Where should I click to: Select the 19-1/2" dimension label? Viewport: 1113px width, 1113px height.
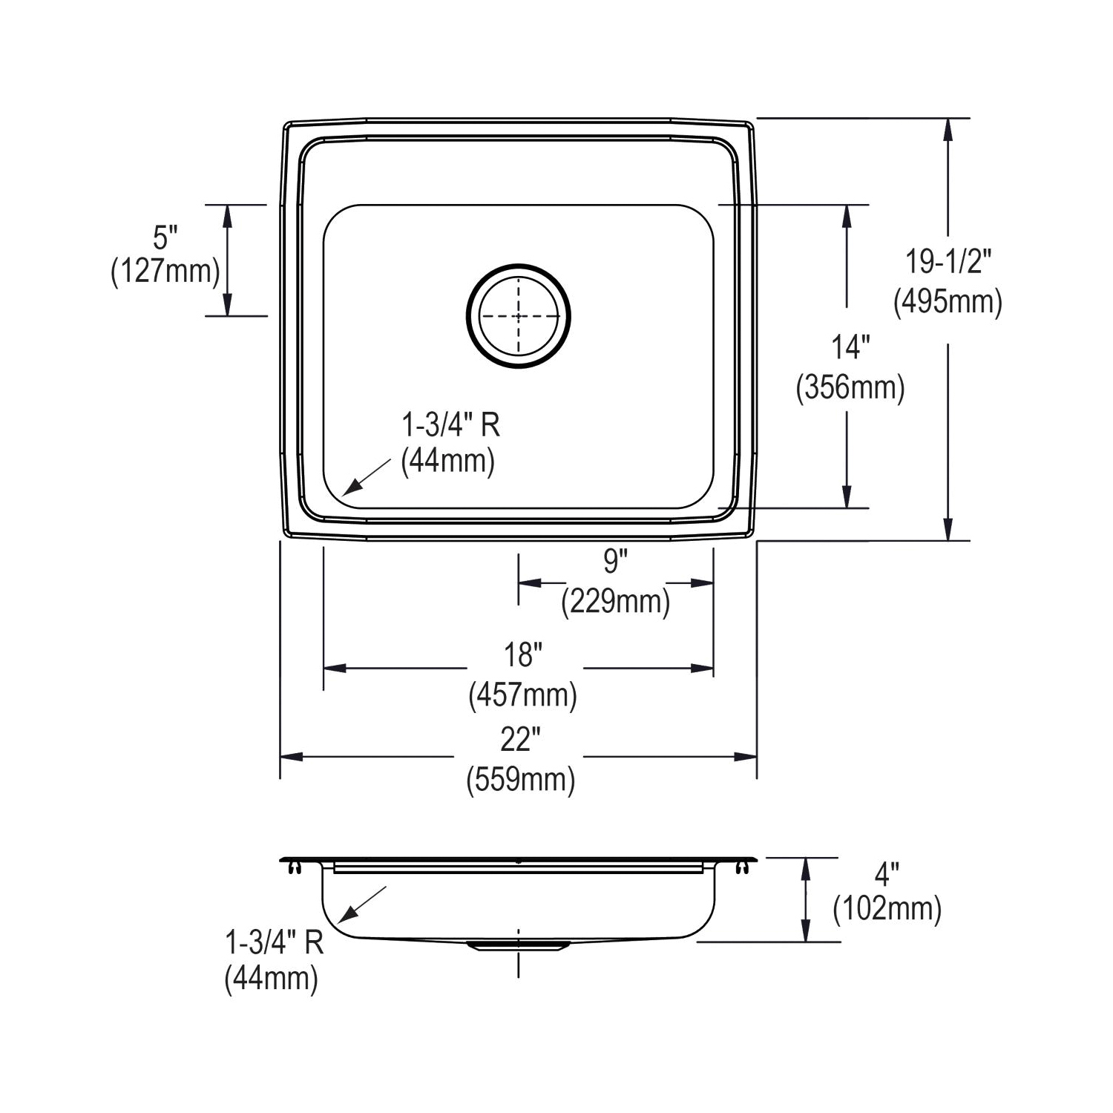[948, 261]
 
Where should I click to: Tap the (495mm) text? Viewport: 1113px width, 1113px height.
[948, 301]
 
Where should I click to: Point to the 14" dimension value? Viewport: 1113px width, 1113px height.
[850, 347]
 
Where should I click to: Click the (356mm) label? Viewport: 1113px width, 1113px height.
[850, 387]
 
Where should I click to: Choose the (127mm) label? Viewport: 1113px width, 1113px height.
[165, 272]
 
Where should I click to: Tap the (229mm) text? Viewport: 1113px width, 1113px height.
[616, 601]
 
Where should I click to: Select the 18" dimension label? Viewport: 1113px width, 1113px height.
[523, 655]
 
